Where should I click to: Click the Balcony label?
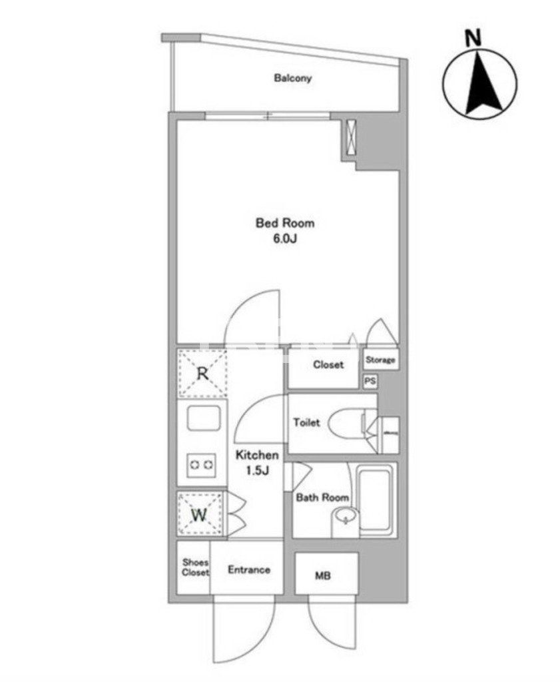click(293, 79)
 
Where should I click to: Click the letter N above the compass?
click(473, 39)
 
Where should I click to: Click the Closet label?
click(328, 365)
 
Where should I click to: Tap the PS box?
click(370, 382)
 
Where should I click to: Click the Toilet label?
click(307, 423)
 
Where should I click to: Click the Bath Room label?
click(322, 498)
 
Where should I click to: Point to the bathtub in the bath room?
click(376, 500)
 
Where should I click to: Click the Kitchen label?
click(256, 456)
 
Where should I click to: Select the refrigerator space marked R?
click(202, 373)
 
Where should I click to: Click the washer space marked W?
click(200, 515)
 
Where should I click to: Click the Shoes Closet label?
click(195, 567)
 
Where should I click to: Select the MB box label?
click(324, 576)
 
